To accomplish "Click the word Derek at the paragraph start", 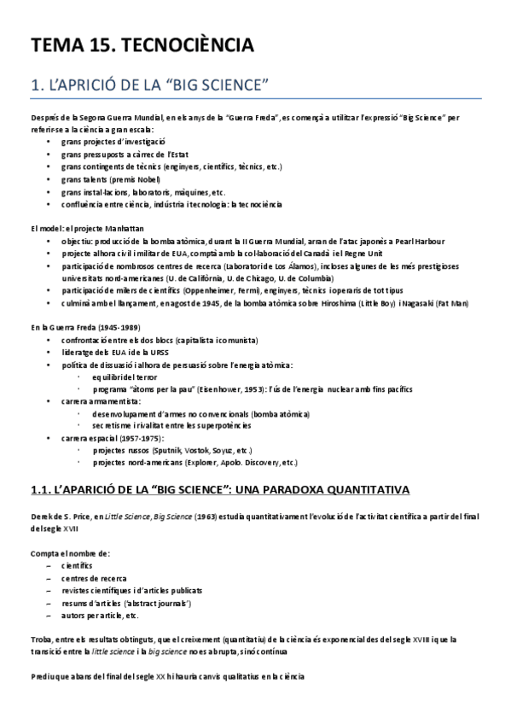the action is (x=43, y=517).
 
